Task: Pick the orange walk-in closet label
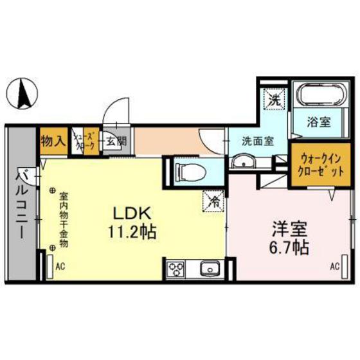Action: point(314,166)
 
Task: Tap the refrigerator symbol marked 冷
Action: point(213,201)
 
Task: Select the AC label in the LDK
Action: point(60,264)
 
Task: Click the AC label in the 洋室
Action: point(334,265)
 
